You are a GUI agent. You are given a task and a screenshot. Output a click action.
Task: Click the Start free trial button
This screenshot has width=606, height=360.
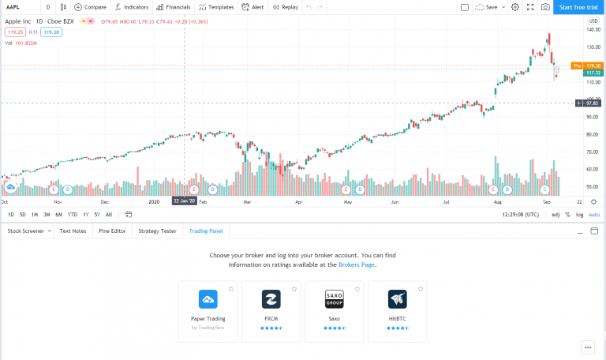point(578,7)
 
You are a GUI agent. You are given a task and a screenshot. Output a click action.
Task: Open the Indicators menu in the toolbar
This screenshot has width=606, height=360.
point(131,7)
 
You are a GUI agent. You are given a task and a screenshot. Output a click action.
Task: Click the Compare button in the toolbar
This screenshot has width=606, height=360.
point(90,7)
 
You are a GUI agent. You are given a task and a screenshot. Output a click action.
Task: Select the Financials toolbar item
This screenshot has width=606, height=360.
point(173,7)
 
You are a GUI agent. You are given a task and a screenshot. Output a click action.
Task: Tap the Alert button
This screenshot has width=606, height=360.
point(253,7)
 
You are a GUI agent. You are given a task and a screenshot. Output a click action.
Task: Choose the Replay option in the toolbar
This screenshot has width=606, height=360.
point(285,7)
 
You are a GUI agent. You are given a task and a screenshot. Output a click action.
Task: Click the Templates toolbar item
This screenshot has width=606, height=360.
point(215,7)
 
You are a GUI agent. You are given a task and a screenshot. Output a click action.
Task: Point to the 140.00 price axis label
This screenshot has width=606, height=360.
point(593,30)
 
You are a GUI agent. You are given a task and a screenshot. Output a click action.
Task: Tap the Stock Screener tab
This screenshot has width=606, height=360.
point(25,231)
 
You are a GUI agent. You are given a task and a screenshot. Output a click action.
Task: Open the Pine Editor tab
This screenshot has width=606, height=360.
point(112,231)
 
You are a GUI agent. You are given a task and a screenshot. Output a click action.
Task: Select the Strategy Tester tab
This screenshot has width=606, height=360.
point(157,231)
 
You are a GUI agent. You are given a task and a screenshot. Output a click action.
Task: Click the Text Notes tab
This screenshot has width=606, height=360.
point(73,231)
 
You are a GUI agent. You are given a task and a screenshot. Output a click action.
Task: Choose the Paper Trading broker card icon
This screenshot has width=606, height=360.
point(208,299)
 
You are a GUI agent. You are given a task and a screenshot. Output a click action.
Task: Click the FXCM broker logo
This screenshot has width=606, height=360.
point(271,299)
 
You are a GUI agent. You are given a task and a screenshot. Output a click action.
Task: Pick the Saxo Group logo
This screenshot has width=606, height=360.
point(335,299)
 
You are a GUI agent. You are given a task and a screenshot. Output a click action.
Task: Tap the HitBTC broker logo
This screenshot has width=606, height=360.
point(397,299)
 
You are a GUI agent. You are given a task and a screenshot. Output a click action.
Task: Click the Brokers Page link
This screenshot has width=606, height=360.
point(357,264)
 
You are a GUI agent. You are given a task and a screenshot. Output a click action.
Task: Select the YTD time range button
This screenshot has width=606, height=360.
point(72,215)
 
